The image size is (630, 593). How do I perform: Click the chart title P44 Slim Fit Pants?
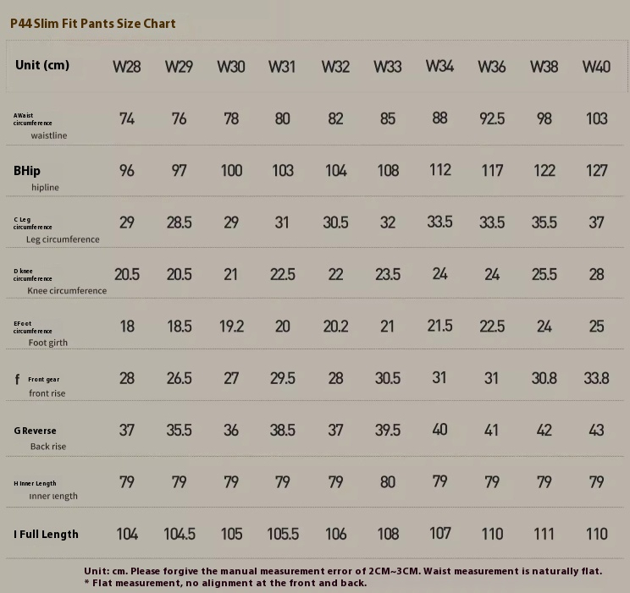[x=93, y=24]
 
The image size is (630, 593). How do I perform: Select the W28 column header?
[x=127, y=67]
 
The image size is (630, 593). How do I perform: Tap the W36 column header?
[x=492, y=67]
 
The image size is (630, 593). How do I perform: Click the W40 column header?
[x=596, y=67]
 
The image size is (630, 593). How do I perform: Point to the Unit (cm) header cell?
[x=42, y=65]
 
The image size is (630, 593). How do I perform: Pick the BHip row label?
[x=27, y=171]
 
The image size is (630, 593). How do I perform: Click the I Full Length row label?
[x=46, y=534]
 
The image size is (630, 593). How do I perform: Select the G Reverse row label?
[x=36, y=431]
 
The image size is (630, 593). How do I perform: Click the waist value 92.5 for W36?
[x=492, y=118]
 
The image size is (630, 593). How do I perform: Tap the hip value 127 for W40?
[x=596, y=171]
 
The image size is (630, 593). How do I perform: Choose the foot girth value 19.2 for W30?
[x=231, y=327]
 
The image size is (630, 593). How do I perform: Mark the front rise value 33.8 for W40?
[x=596, y=378]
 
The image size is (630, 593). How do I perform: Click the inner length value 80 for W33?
[x=388, y=482]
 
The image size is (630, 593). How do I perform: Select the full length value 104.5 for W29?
[x=179, y=534]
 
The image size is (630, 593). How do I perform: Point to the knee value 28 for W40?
[x=596, y=274]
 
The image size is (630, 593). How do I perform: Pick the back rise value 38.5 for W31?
[x=283, y=430]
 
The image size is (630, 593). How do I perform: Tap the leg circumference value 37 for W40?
[x=596, y=222]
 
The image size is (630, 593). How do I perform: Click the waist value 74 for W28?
[x=127, y=118]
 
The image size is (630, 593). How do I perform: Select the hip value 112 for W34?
[x=440, y=170]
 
